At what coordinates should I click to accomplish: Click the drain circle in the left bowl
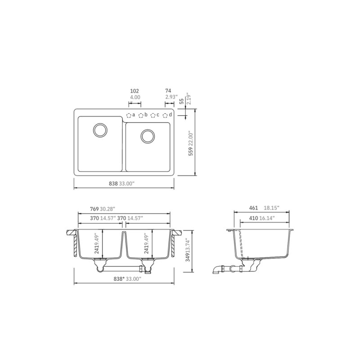coord(99,130)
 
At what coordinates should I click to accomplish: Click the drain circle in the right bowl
coord(147,136)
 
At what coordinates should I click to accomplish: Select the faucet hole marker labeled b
coord(141,115)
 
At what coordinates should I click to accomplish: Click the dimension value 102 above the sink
coord(134,90)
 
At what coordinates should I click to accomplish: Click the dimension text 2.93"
coord(171,97)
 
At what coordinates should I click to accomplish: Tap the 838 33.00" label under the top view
coord(121,183)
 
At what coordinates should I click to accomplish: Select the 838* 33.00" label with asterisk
coord(128,279)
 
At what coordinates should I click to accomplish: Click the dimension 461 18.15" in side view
coord(263,208)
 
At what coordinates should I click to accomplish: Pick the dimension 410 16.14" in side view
coord(263,218)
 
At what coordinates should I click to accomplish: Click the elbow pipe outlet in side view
coord(216,271)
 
